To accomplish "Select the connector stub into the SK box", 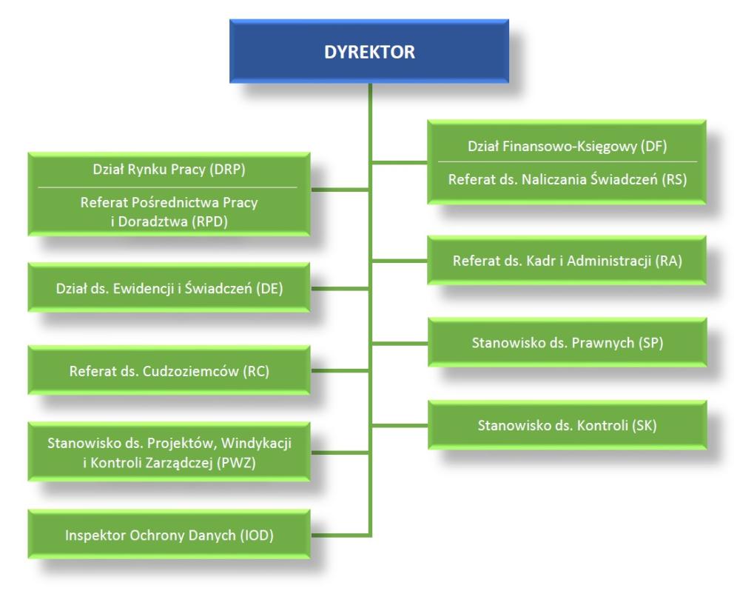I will click(x=400, y=425).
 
